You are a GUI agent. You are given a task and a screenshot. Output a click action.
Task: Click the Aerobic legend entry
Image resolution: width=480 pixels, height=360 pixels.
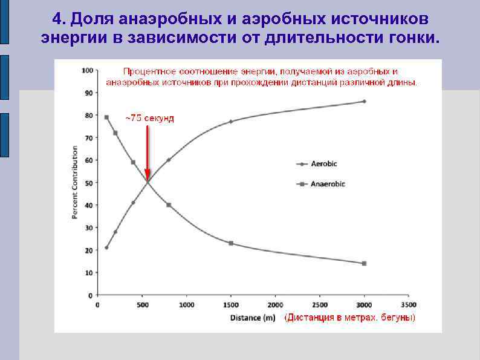coord(320,164)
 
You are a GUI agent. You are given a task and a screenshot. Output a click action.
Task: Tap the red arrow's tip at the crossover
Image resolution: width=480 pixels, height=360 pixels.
coord(147,180)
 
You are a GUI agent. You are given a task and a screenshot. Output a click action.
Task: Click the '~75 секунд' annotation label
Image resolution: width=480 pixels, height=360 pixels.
coord(149,118)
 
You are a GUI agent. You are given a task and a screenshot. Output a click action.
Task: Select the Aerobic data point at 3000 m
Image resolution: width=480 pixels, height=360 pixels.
coord(364,102)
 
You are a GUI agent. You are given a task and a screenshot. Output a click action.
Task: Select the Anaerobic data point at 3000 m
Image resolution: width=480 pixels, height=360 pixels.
coord(364,263)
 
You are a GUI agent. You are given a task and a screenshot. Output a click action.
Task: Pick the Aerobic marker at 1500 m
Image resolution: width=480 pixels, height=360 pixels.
coord(231,122)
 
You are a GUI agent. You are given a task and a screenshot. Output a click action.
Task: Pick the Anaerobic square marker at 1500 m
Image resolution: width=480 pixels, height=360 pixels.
coord(231,243)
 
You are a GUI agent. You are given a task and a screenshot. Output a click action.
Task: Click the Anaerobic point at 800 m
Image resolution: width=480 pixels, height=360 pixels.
coord(169,205)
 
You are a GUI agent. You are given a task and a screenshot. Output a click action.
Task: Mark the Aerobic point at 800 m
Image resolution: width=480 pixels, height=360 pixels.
coord(169,160)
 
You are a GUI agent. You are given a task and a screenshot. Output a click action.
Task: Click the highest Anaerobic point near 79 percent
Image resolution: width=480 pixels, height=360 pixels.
coord(106,117)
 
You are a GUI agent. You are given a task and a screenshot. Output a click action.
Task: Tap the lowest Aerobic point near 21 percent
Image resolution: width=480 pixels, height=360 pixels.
coord(106,247)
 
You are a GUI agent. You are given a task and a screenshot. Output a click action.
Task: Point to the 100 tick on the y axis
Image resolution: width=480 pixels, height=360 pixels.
coord(88,71)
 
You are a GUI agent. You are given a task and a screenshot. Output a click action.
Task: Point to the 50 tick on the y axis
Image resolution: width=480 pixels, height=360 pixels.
coord(89,183)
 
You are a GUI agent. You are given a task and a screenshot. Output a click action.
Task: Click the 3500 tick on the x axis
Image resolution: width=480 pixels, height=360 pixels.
coord(409,305)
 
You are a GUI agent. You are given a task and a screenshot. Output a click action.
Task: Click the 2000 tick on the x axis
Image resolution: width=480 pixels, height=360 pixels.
coord(275,305)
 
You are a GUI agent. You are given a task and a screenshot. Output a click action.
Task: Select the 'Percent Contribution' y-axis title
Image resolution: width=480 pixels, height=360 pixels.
coord(76,183)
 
